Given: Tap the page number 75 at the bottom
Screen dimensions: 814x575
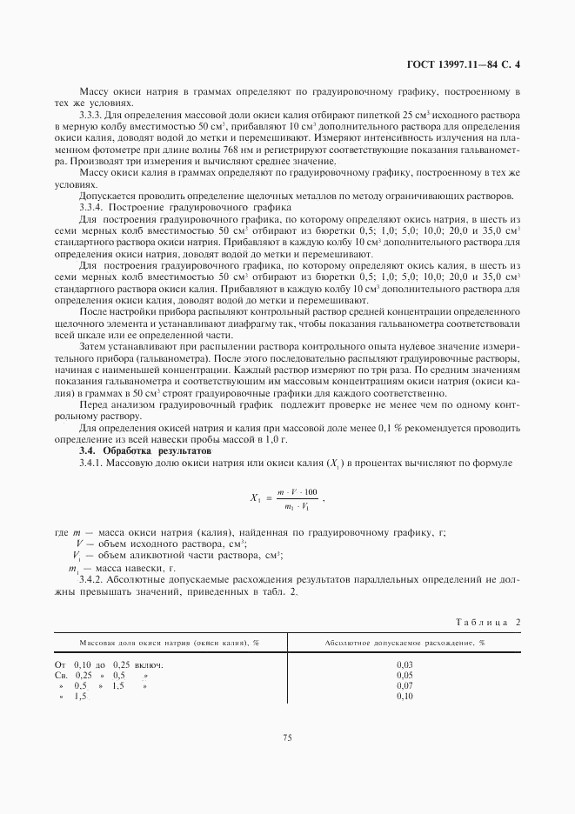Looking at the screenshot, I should pos(287,737).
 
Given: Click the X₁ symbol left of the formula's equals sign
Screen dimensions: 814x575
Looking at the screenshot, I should pos(255,498).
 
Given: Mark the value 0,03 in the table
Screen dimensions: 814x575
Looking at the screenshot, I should pos(404,664).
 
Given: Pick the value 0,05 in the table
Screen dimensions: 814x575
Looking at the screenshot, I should pos(404,675).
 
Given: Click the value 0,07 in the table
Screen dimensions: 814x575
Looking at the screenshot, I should pos(404,685).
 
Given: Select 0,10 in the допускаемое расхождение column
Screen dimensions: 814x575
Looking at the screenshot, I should pos(404,696).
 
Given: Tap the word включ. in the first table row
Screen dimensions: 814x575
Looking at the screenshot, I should pos(149,664).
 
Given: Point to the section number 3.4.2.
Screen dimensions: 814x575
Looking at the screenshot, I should pos(93,578).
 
